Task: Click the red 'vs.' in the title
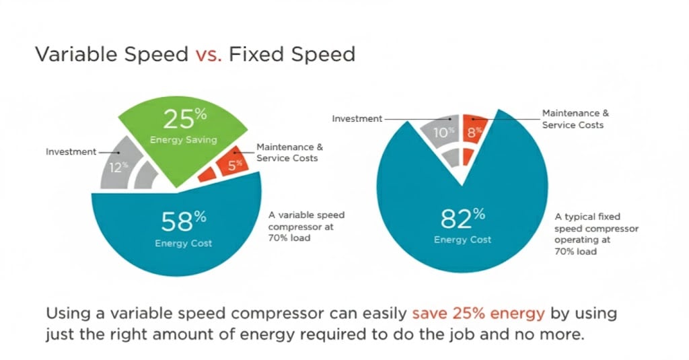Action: click(x=209, y=55)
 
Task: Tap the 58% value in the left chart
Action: click(x=183, y=221)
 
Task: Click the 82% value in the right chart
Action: click(x=463, y=217)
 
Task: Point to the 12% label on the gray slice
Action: click(x=118, y=167)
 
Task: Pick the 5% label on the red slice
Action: click(x=235, y=165)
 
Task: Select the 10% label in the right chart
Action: click(x=443, y=132)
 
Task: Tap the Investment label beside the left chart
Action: click(x=71, y=151)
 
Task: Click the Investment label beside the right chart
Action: click(x=357, y=118)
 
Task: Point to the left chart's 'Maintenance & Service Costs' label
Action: click(x=289, y=153)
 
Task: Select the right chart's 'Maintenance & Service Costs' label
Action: click(x=575, y=119)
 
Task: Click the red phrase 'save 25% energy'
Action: click(x=478, y=314)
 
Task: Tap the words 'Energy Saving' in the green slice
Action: click(x=183, y=140)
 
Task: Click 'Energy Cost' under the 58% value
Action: click(x=183, y=243)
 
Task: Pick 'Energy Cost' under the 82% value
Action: click(x=463, y=240)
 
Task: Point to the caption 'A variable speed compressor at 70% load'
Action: click(x=306, y=226)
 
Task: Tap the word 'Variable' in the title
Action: click(x=77, y=55)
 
